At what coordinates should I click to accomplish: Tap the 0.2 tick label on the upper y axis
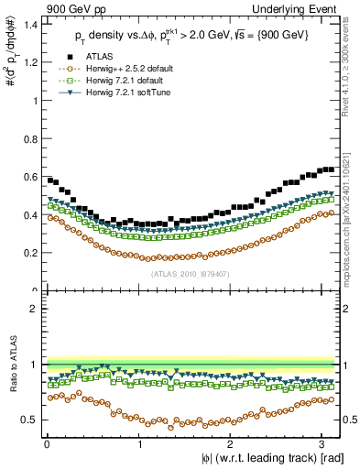pyautogui.click(x=31, y=253)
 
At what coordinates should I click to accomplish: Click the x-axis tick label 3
pyautogui.click(x=326, y=442)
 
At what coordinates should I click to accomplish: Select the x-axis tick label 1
pyautogui.click(x=140, y=442)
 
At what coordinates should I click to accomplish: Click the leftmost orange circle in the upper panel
pyautogui.click(x=50, y=217)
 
